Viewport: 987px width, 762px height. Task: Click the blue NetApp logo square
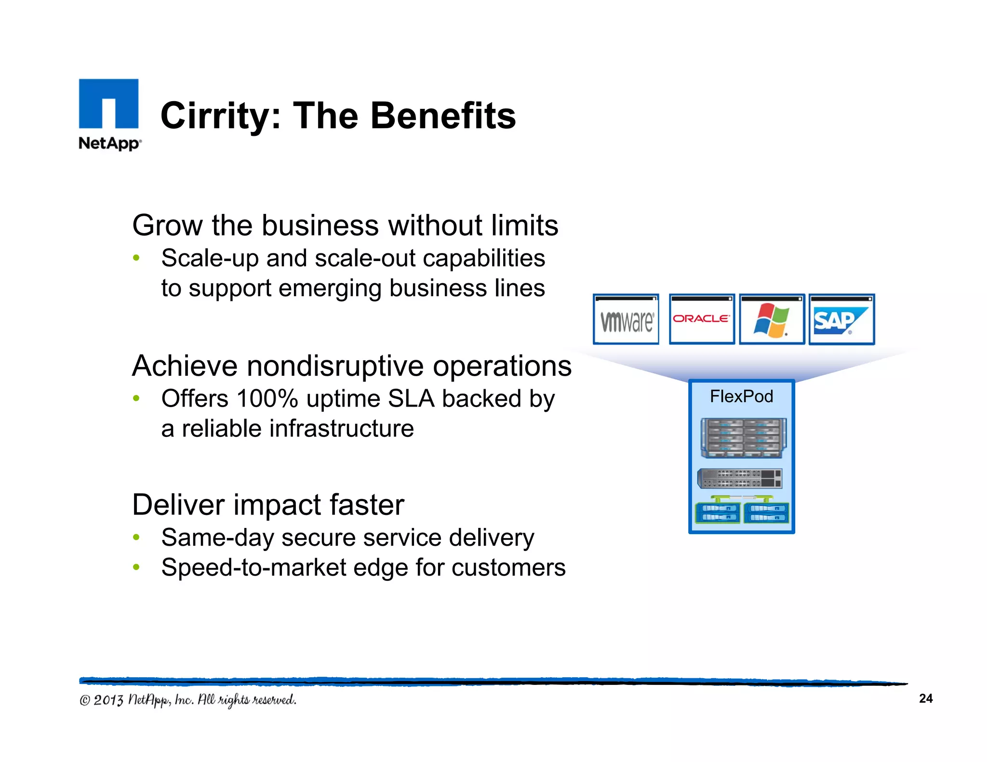coord(108,104)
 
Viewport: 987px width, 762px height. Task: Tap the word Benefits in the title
coord(443,116)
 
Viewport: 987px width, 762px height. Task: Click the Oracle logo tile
coord(702,319)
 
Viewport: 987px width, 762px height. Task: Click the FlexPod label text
coord(741,396)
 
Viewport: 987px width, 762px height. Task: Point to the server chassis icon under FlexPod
coord(743,438)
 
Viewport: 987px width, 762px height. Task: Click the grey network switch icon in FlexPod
coord(739,478)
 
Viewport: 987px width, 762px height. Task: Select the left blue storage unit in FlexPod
coord(718,512)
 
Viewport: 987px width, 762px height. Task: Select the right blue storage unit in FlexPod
coord(766,512)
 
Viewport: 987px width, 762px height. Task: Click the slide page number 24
coord(925,698)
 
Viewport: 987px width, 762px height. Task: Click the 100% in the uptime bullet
coord(267,399)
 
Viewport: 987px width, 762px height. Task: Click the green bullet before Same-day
coord(136,537)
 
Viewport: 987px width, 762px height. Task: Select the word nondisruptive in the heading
coord(335,366)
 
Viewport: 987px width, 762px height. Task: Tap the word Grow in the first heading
coord(167,225)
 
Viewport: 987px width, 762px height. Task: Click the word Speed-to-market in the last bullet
coord(253,567)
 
